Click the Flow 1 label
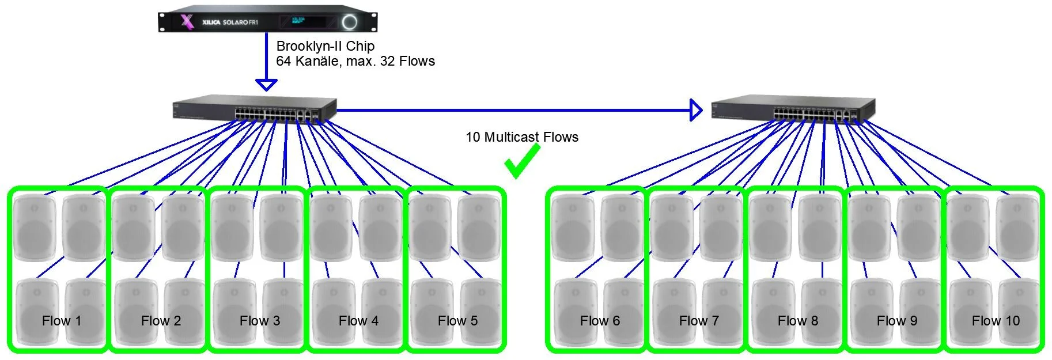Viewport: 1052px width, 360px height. [62, 321]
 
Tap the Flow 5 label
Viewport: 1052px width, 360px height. [457, 321]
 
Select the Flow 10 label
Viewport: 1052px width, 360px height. [996, 321]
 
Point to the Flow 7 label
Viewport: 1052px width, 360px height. [699, 321]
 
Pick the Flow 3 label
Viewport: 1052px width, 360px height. [260, 321]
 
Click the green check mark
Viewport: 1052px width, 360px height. [521, 161]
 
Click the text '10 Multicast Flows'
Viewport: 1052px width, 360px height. [521, 137]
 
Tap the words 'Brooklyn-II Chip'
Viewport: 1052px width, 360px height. [326, 46]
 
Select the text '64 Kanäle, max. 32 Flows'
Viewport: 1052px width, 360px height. [355, 61]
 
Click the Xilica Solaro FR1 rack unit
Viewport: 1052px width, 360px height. [267, 22]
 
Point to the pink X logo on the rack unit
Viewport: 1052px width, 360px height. [187, 22]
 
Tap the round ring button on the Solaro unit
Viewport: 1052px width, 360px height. [350, 22]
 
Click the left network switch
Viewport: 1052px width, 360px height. [254, 109]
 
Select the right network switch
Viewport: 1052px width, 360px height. [793, 109]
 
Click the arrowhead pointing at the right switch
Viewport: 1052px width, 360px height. [696, 109]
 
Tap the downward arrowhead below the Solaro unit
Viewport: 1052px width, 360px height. [266, 85]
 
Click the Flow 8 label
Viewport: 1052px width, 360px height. [797, 321]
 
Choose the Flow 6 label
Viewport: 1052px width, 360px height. [600, 321]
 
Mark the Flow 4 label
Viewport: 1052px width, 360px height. [358, 321]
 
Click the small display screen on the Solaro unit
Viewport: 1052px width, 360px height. [300, 22]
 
